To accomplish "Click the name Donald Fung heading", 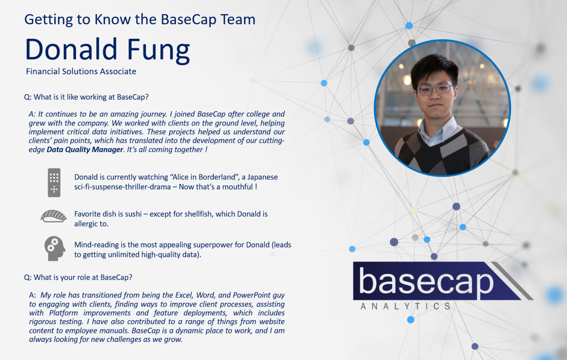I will [107, 49].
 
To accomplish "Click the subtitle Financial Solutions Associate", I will [81, 71].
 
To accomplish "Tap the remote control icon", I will [54, 182].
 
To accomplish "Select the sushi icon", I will [54, 216].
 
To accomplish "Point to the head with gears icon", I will [54, 248].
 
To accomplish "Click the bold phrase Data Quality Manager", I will [85, 150].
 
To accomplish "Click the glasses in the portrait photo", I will [435, 89].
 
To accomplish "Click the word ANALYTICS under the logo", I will [405, 306].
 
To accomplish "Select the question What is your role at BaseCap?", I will [78, 277].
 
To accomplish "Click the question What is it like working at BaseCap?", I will [86, 97].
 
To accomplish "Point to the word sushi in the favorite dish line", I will [133, 214].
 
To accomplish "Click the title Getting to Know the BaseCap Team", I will [140, 19].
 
